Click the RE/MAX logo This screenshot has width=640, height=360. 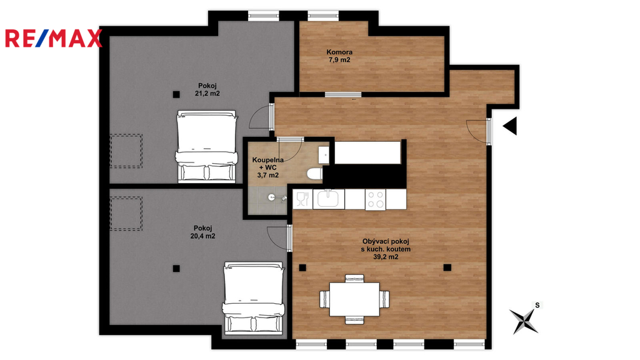tap(54, 38)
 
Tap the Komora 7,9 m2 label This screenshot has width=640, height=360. tap(339, 56)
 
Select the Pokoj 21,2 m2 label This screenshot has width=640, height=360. tap(207, 89)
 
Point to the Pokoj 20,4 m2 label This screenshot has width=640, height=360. tap(203, 232)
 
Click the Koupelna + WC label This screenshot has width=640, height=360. tap(267, 167)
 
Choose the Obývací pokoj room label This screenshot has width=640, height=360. tap(385, 249)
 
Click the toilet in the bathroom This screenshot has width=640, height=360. tap(315, 174)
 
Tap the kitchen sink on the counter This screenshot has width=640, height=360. tap(329, 199)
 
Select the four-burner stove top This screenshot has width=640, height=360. tap(376, 199)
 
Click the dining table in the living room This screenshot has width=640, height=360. tap(354, 299)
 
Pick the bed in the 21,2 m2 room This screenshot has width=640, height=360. tap(206, 146)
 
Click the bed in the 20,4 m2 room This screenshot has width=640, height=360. tap(253, 297)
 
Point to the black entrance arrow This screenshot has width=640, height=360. tap(510, 126)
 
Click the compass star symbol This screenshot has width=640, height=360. tap(523, 321)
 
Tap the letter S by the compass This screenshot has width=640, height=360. tap(537, 305)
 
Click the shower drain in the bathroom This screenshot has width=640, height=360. tap(272, 197)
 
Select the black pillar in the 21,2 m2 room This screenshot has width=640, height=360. tap(176, 95)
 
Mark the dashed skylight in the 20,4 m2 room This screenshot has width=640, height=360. tap(126, 214)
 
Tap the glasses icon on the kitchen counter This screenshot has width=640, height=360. tap(302, 199)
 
